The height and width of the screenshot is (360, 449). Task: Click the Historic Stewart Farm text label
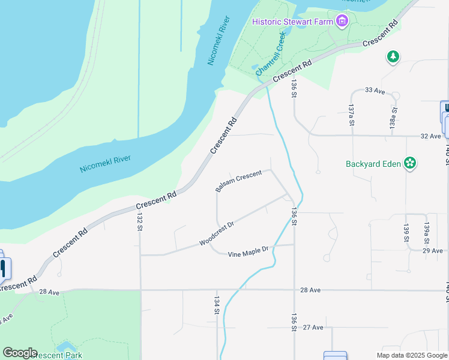pyautogui.click(x=292, y=22)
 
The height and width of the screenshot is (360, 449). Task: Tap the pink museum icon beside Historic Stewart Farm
pyautogui.click(x=343, y=22)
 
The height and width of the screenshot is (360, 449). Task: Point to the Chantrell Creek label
pyautogui.click(x=272, y=55)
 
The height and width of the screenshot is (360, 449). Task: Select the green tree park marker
pyautogui.click(x=393, y=56)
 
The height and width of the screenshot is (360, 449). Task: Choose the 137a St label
pyautogui.click(x=351, y=115)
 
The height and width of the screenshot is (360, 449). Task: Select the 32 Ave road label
pyautogui.click(x=430, y=136)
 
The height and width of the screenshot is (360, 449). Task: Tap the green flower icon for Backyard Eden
pyautogui.click(x=411, y=163)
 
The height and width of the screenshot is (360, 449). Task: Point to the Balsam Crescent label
pyautogui.click(x=238, y=182)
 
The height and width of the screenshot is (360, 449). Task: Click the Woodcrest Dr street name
pyautogui.click(x=216, y=233)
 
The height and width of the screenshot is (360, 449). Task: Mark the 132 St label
pyautogui.click(x=139, y=222)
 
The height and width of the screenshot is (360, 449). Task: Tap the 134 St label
pyautogui.click(x=216, y=304)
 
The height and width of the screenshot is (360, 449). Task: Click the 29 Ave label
pyautogui.click(x=432, y=250)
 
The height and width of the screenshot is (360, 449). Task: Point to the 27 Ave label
pyautogui.click(x=313, y=327)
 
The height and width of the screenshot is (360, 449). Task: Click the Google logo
pyautogui.click(x=20, y=353)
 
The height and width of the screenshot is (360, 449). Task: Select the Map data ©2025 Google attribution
pyautogui.click(x=411, y=355)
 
